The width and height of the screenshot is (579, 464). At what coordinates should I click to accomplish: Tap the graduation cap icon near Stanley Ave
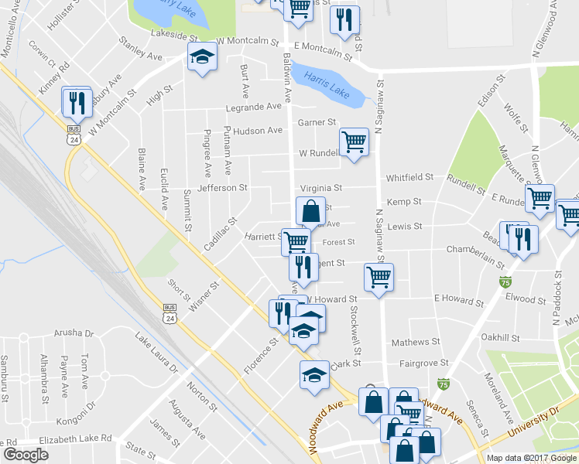tap(202, 57)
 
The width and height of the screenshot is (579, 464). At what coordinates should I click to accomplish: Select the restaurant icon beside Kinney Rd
tap(77, 101)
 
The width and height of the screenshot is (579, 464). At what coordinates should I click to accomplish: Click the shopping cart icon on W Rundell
tap(354, 142)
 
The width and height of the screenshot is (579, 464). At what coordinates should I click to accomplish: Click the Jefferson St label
tap(222, 188)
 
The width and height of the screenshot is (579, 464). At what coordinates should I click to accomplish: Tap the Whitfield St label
tap(409, 177)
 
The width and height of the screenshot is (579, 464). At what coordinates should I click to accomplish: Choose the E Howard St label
tap(458, 298)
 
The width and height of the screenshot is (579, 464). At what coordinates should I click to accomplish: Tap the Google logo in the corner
tap(26, 455)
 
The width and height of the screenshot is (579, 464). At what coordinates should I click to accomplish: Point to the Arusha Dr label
tap(74, 333)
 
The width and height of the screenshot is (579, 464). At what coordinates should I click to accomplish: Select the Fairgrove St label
tap(423, 363)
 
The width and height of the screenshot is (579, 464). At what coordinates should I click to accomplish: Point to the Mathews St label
tap(415, 341)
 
